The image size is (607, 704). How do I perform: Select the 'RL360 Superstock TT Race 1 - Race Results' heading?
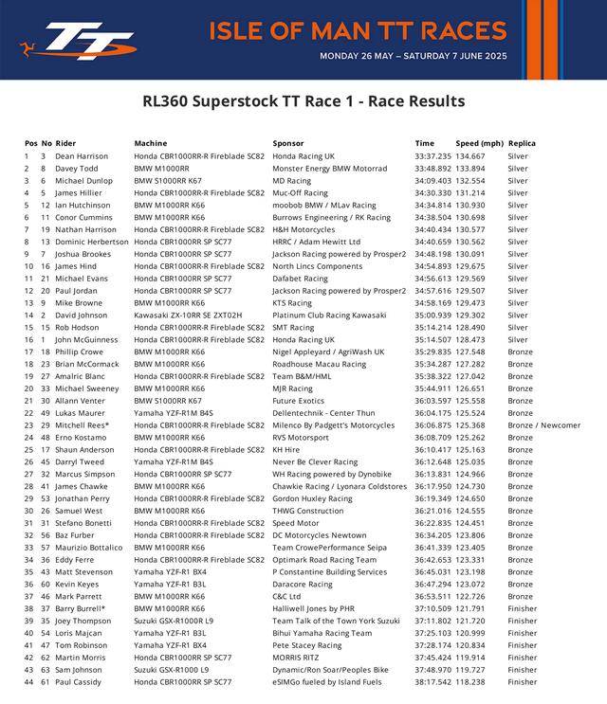click(x=303, y=101)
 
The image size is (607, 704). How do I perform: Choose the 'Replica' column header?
click(x=522, y=143)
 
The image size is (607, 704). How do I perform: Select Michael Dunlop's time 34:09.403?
click(x=432, y=180)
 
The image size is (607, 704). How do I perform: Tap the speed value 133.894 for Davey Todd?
click(x=476, y=168)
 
